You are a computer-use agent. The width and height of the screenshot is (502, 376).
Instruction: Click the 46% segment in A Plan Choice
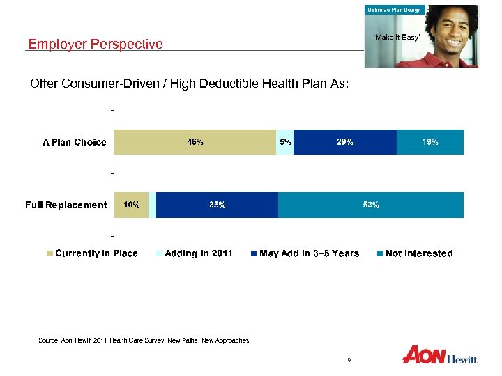195,142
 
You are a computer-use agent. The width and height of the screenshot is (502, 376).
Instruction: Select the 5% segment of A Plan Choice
285,142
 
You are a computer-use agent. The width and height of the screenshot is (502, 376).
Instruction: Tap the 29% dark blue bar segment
344,142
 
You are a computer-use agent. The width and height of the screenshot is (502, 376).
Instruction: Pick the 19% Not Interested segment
429,142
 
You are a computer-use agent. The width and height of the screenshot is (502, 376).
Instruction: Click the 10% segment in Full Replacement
131,205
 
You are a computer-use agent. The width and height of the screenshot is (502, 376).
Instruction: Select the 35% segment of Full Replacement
217,205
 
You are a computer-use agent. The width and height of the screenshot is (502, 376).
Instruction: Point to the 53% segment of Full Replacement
370,205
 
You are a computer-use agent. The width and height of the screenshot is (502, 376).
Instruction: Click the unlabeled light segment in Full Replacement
152,205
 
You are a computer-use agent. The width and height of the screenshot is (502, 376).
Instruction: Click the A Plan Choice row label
75,143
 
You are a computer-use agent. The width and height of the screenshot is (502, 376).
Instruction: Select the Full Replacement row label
66,205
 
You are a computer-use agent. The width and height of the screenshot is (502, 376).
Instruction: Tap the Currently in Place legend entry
92,253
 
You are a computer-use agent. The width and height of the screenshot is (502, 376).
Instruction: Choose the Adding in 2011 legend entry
195,253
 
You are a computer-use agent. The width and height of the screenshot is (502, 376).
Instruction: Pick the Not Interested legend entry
414,253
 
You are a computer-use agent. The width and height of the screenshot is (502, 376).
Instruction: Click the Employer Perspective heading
96,45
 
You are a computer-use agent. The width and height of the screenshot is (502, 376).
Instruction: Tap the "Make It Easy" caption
396,37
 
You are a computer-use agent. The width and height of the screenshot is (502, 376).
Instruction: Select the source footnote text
144,341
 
